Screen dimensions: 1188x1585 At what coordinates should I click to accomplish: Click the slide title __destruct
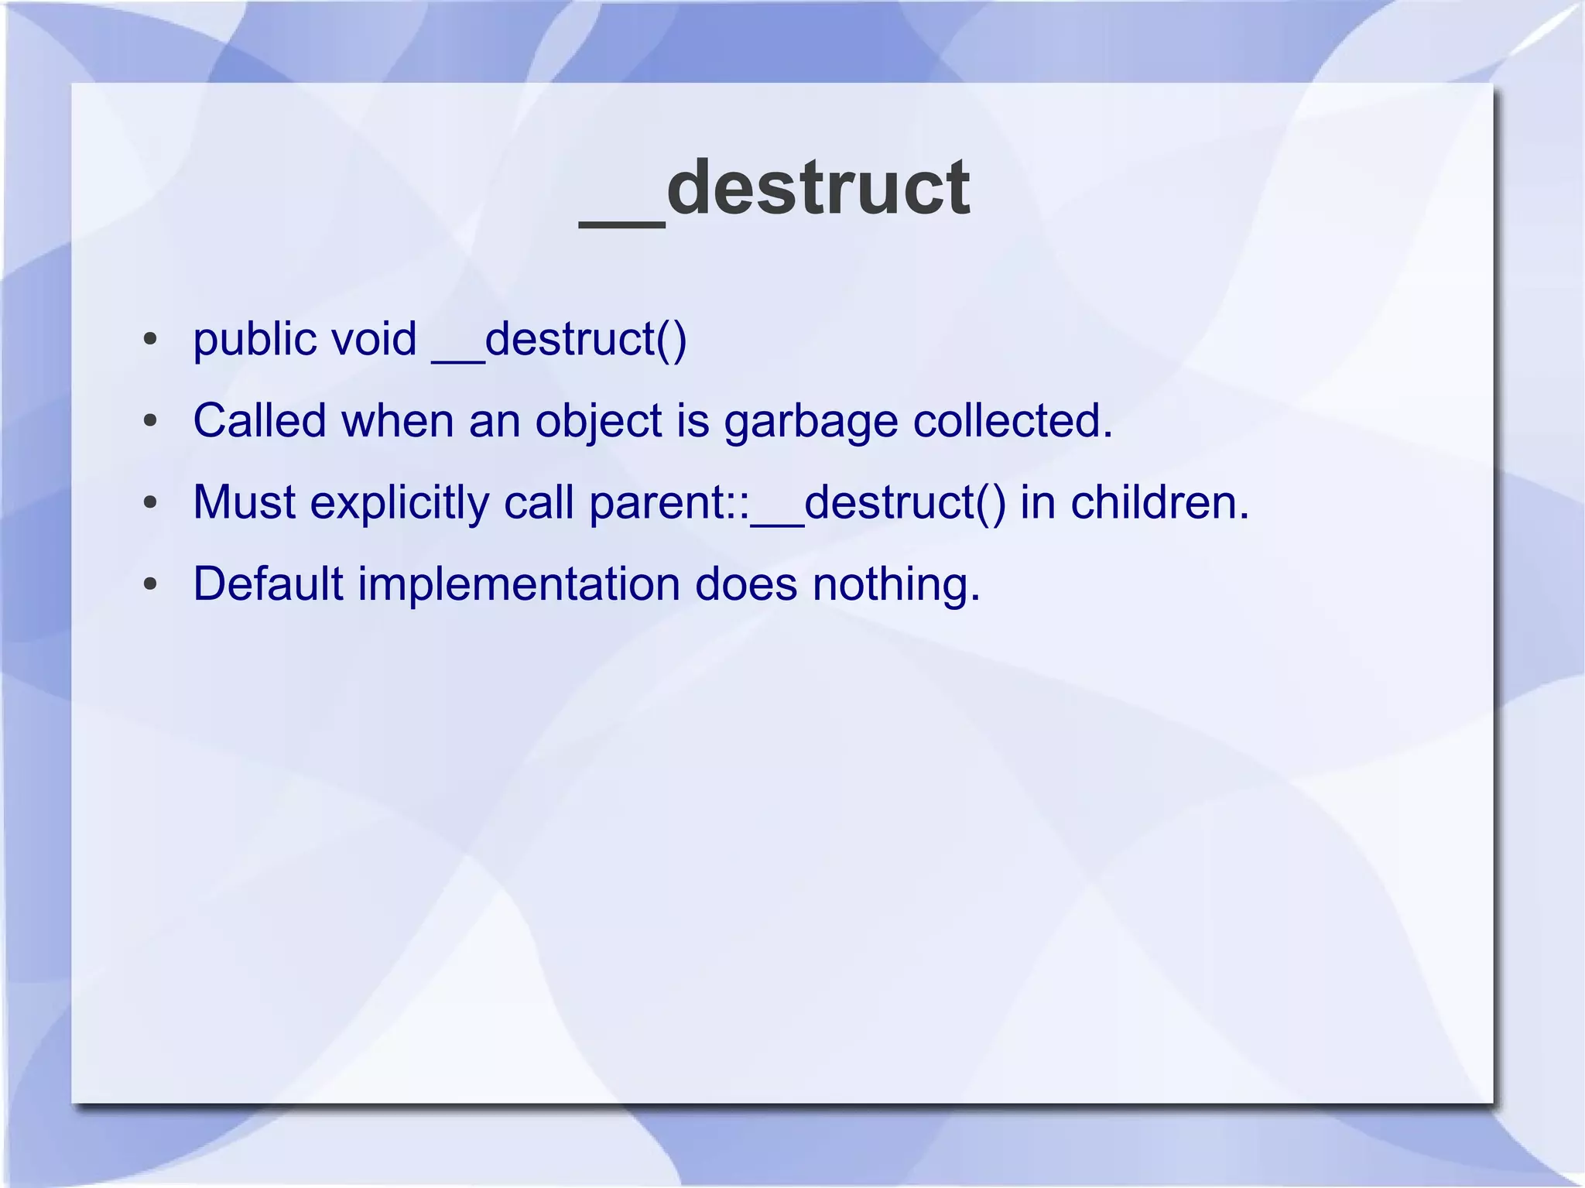pos(775,188)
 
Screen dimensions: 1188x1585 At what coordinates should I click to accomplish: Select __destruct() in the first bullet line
pos(559,341)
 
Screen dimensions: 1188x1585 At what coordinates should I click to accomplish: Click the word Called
pos(259,421)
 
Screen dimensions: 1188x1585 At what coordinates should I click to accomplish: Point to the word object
pos(599,423)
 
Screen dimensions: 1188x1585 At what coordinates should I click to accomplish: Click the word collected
pos(1012,421)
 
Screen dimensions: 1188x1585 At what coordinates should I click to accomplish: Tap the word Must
pos(244,502)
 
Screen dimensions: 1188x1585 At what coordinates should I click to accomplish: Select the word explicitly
pos(399,504)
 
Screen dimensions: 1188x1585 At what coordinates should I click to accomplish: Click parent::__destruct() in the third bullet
pos(797,504)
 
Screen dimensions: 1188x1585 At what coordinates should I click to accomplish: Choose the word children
pos(1159,502)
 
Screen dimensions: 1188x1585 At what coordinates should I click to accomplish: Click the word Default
pos(268,584)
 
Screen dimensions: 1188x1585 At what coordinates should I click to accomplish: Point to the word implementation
pos(519,585)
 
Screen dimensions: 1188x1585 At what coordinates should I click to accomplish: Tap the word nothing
pos(895,585)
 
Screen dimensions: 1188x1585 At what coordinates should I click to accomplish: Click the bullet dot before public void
pos(150,340)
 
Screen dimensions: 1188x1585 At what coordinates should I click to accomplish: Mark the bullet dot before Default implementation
pos(150,584)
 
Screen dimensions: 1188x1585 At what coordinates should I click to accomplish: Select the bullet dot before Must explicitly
pos(150,503)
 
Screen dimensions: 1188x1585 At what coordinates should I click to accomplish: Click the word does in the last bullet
pos(745,584)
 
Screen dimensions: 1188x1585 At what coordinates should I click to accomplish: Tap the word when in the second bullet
pos(397,421)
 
